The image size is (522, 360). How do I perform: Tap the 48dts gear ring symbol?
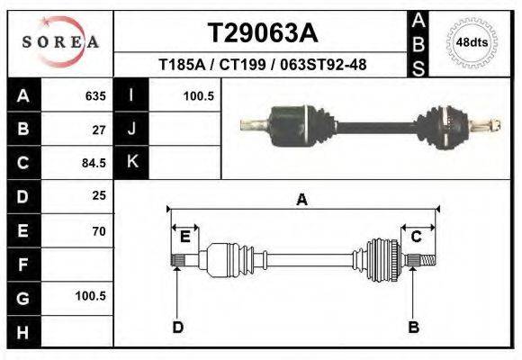pos(472,42)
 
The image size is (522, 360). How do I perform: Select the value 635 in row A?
pos(95,95)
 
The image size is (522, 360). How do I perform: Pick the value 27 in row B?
pos(99,129)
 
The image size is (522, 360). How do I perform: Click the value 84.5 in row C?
pos(95,163)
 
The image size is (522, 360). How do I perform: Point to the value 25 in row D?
pos(99,195)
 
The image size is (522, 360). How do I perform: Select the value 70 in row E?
pos(99,230)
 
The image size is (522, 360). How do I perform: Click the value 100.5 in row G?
pos(91,296)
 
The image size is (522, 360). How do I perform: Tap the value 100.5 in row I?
pos(197,95)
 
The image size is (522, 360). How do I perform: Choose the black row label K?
pos(131,162)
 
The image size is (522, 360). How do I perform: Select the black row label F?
pos(22,265)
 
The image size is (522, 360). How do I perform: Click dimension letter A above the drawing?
pos(301,201)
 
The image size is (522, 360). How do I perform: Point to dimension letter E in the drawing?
pos(184,237)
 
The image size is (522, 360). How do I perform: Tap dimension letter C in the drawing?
pos(416,237)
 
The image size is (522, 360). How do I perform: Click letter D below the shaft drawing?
pos(177,327)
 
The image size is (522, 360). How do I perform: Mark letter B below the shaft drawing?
pos(414,327)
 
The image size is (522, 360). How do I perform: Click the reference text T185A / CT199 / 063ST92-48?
pos(262,65)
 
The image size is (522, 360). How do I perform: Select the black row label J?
pos(131,129)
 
